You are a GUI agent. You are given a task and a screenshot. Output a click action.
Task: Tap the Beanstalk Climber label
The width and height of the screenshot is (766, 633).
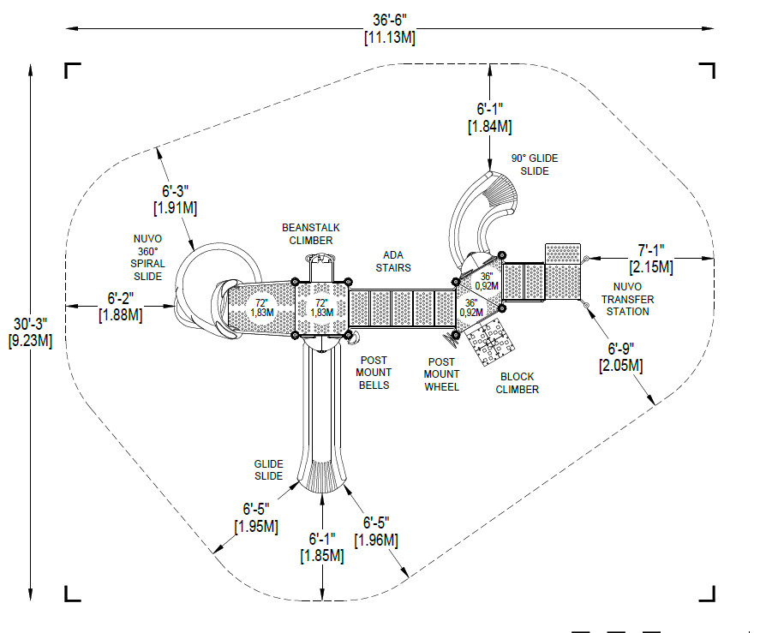tap(311, 234)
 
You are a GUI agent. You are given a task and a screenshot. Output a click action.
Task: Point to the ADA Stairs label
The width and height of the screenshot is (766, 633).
tap(393, 261)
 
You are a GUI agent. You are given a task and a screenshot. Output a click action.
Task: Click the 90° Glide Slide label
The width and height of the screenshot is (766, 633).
tap(535, 164)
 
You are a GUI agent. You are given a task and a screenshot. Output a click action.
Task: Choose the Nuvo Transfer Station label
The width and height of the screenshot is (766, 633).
tap(627, 299)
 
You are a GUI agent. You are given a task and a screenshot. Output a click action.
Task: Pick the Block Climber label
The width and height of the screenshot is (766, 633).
tap(517, 383)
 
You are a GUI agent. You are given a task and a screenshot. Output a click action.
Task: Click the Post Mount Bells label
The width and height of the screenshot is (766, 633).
tap(374, 373)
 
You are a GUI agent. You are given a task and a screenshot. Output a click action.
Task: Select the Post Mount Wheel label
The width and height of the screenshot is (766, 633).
tap(441, 374)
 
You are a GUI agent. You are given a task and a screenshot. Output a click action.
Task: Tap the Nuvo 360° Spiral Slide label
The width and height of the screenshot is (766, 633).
tap(147, 258)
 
